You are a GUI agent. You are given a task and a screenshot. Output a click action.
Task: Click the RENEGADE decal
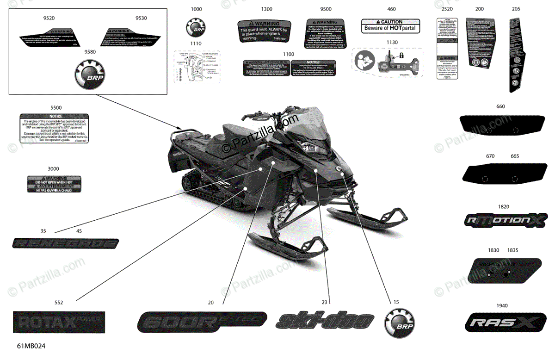66,243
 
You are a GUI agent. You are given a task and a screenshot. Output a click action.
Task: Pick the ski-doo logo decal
325,320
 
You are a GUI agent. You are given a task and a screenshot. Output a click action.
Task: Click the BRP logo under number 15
399,322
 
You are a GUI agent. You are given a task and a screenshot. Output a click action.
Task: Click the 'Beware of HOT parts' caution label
390,26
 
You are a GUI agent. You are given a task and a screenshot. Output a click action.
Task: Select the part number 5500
55,108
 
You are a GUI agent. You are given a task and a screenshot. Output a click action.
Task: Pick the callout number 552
59,303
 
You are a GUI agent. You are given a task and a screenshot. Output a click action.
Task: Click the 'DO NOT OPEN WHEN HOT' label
55,184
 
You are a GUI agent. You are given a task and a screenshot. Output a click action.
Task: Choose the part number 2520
447,9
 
